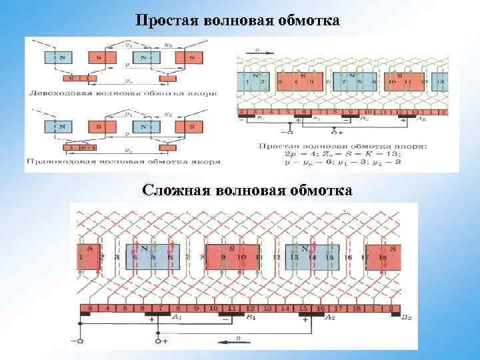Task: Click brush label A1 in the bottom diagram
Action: (x=177, y=317)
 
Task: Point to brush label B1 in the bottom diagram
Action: (x=251, y=317)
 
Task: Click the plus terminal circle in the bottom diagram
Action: (x=159, y=341)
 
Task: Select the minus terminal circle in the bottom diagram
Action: (x=81, y=341)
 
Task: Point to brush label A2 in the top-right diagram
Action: (x=421, y=119)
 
